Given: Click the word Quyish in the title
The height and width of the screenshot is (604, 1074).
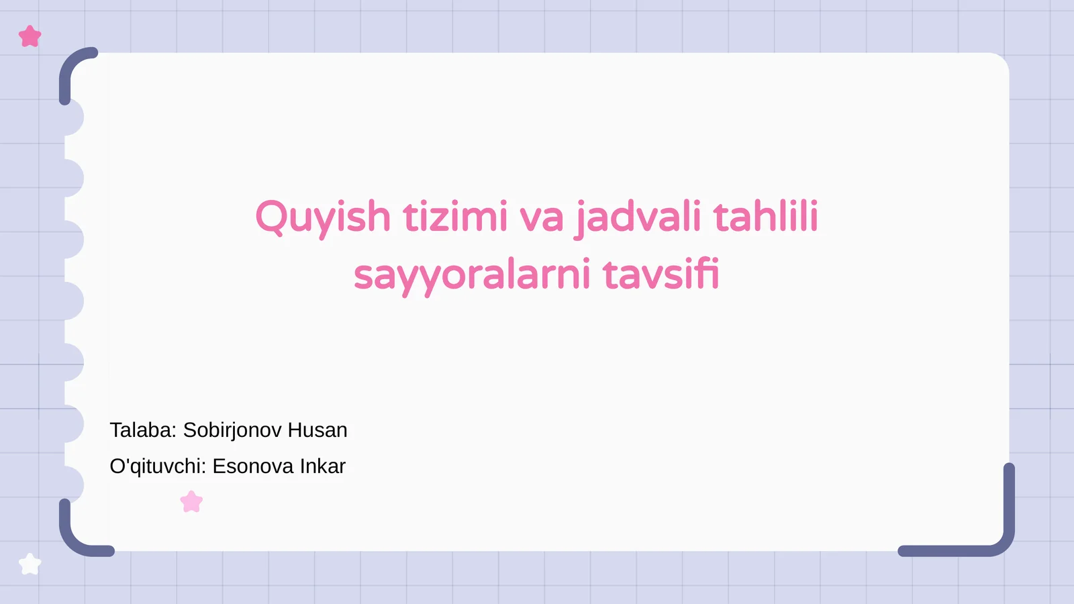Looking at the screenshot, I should [x=322, y=217].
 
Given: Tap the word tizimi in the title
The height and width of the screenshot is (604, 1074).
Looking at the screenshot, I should [x=455, y=217].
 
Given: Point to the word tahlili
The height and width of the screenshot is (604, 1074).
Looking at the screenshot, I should [x=765, y=217].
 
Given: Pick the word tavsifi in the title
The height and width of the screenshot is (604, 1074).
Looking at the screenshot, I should [x=661, y=275].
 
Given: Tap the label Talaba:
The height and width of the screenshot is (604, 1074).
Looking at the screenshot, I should [x=143, y=430].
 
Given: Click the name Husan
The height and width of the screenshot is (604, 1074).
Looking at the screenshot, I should [x=318, y=430].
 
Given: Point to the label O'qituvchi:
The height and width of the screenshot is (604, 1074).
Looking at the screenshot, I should [x=158, y=466].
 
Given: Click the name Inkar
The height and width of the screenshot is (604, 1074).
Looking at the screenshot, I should [x=323, y=466].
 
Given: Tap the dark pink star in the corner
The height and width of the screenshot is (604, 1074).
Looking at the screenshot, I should [x=30, y=36].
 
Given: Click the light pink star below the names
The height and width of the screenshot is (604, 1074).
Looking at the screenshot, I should [x=192, y=502].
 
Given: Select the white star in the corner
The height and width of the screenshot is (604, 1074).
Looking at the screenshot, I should [x=30, y=564].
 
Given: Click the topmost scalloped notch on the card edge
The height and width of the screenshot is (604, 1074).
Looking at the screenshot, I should [x=74, y=117].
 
